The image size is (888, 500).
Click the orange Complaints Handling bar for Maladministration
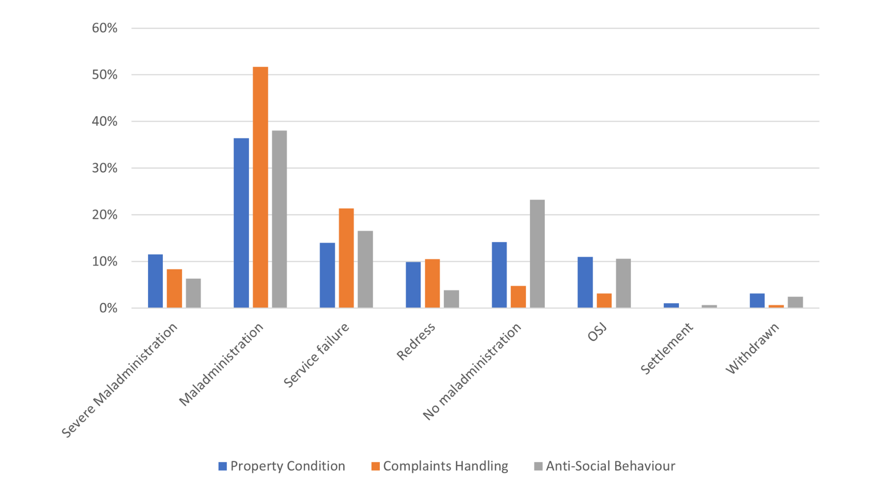260,187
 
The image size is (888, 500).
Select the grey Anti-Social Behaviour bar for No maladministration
537,254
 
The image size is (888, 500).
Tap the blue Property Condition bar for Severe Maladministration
155,281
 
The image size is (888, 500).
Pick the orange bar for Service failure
346,258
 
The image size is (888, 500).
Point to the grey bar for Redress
451,299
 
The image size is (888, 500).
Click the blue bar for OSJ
585,282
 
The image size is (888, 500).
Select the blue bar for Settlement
671,306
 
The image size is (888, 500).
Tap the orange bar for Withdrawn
776,306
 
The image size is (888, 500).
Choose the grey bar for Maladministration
279,219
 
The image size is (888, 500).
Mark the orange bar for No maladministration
518,297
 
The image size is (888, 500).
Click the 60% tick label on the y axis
105,28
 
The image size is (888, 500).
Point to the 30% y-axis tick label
105,168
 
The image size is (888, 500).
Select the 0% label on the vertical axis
108,308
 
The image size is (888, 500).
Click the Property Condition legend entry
282,466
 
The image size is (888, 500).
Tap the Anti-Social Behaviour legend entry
604,466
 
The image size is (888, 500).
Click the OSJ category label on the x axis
597,333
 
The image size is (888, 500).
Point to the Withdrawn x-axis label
752,348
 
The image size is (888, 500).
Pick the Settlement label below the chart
667,348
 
